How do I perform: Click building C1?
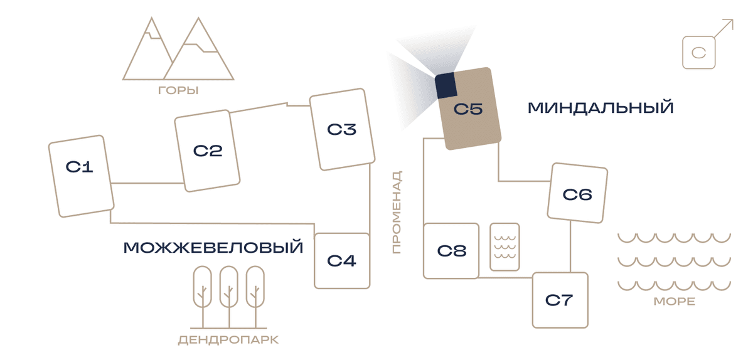(x=81, y=176)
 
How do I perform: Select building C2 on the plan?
(x=207, y=151)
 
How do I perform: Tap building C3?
(x=342, y=129)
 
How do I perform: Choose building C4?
(x=342, y=261)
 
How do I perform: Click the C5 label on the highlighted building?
(x=468, y=109)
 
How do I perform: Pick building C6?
(x=577, y=193)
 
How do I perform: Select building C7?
(x=560, y=300)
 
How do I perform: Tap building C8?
(x=451, y=251)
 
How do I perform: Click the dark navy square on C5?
(x=446, y=85)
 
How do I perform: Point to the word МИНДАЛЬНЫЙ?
(x=601, y=108)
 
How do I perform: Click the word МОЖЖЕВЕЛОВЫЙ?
(x=213, y=247)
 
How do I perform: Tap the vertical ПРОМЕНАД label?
(x=397, y=212)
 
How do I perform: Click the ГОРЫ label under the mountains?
(x=178, y=90)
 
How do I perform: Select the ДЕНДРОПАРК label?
(x=228, y=340)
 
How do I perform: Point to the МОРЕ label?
(x=675, y=301)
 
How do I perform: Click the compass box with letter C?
(x=699, y=53)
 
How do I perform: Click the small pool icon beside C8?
(x=505, y=246)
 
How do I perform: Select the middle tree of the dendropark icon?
(x=229, y=297)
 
